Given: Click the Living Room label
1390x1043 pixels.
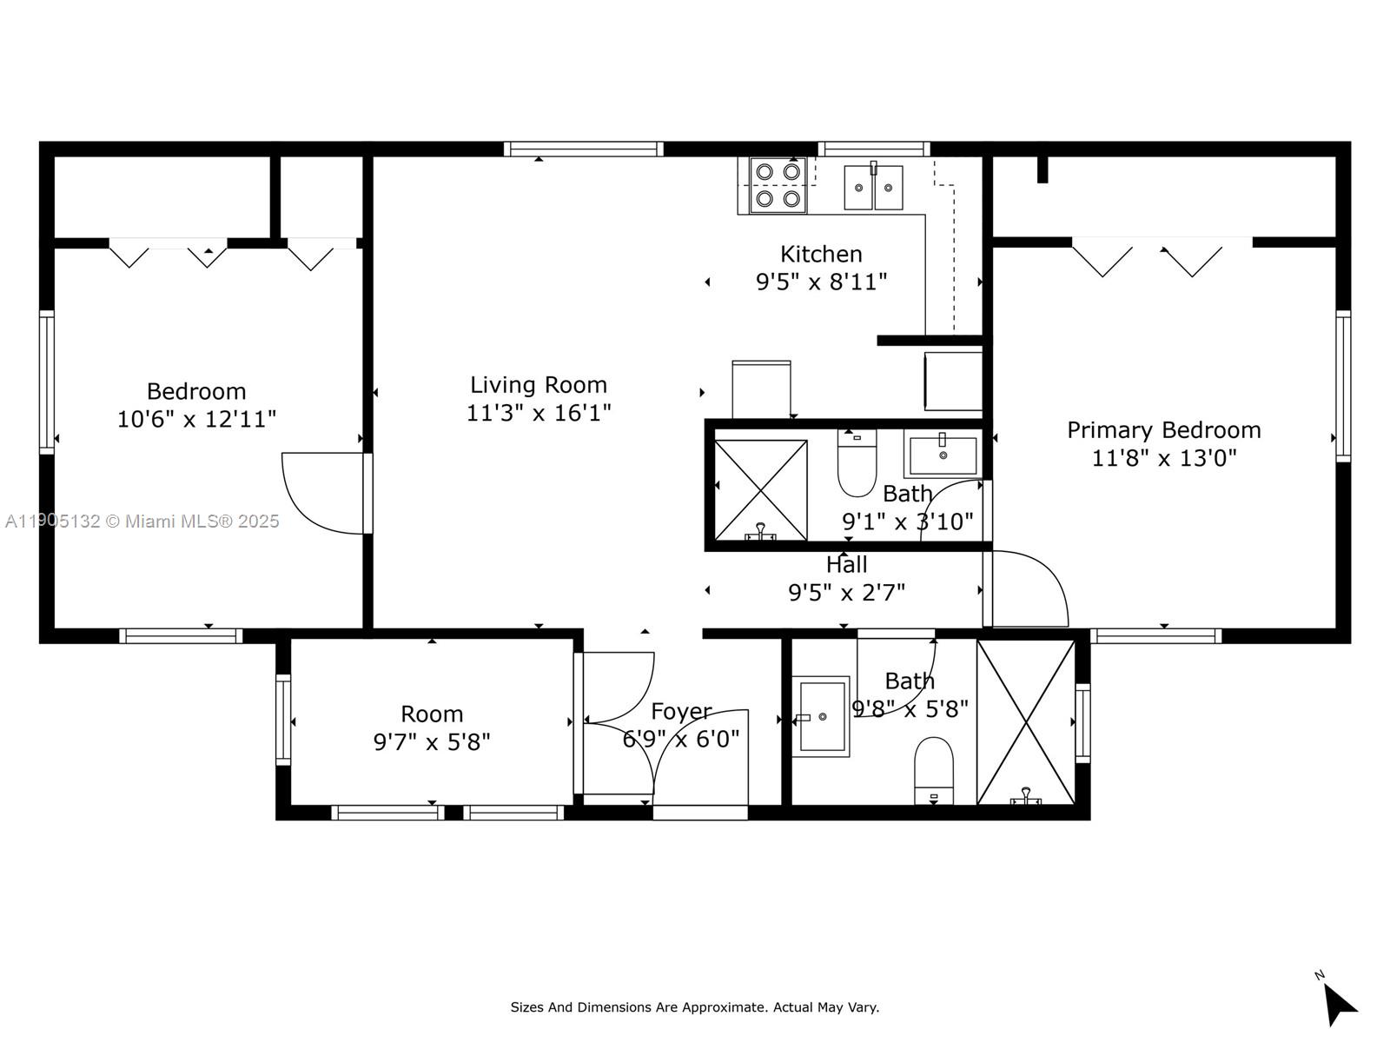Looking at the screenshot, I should tap(539, 385).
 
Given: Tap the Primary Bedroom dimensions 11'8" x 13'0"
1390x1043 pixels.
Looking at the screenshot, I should tap(1163, 457).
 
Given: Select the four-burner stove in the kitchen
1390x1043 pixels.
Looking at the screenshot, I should tap(777, 185).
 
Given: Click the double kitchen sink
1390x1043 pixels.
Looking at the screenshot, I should tap(873, 187).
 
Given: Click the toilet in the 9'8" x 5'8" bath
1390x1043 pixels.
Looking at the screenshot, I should tap(934, 770).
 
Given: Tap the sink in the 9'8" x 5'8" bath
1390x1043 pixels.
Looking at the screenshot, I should tap(820, 716).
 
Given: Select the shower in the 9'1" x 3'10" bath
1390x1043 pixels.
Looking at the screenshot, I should tap(760, 490).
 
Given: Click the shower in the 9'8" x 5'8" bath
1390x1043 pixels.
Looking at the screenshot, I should tap(1026, 722).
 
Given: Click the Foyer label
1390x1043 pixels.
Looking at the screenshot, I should tap(681, 712).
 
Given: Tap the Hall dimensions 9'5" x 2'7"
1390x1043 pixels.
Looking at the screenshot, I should tap(846, 593).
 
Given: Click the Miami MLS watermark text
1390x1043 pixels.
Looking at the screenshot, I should tap(142, 521).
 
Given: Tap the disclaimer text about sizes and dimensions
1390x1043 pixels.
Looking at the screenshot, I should tap(694, 1007).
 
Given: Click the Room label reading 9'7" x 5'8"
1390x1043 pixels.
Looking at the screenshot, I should tap(432, 741).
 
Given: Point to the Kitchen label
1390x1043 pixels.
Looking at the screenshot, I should tap(821, 254).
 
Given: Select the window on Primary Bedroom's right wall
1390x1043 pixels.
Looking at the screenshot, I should tap(1343, 385).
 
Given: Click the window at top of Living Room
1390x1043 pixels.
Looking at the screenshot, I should tap(583, 149).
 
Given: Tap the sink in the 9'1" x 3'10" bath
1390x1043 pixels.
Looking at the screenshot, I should tap(943, 455).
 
